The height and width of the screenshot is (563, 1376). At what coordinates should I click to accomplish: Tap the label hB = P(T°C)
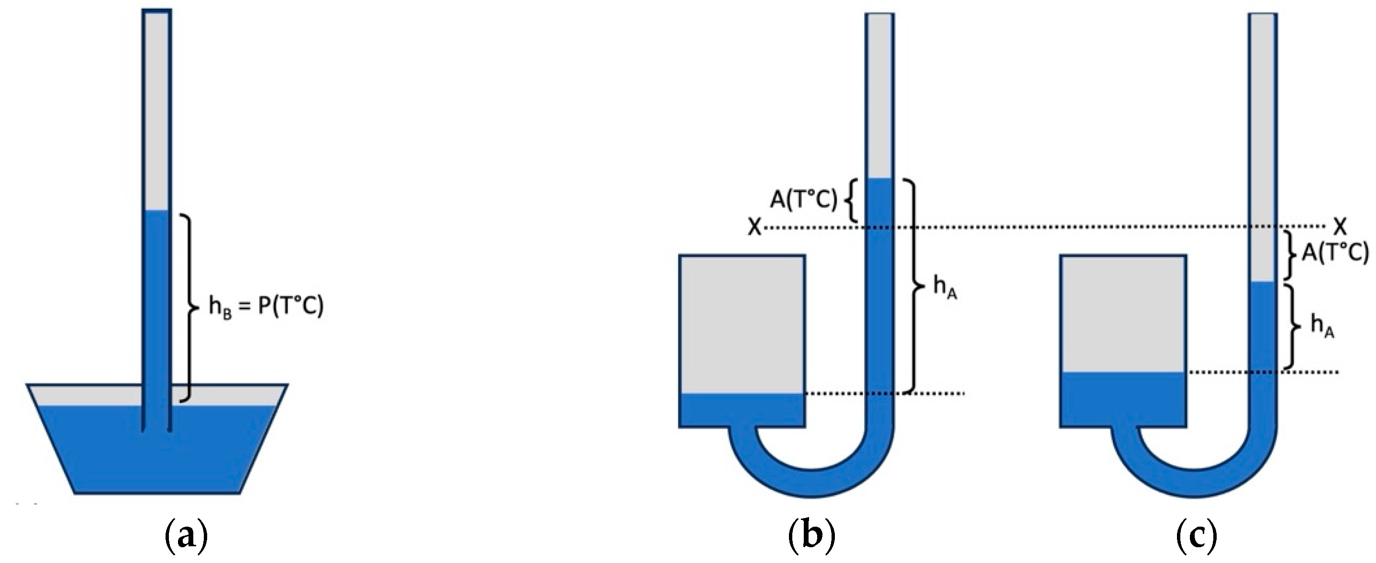(266, 308)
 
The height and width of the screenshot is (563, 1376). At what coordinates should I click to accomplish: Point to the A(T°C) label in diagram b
(803, 201)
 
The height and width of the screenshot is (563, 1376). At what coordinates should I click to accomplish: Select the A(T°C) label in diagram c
(1335, 253)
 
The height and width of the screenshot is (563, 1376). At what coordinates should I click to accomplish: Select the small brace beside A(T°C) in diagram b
(850, 201)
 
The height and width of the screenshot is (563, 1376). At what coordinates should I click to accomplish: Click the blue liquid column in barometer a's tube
(157, 299)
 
